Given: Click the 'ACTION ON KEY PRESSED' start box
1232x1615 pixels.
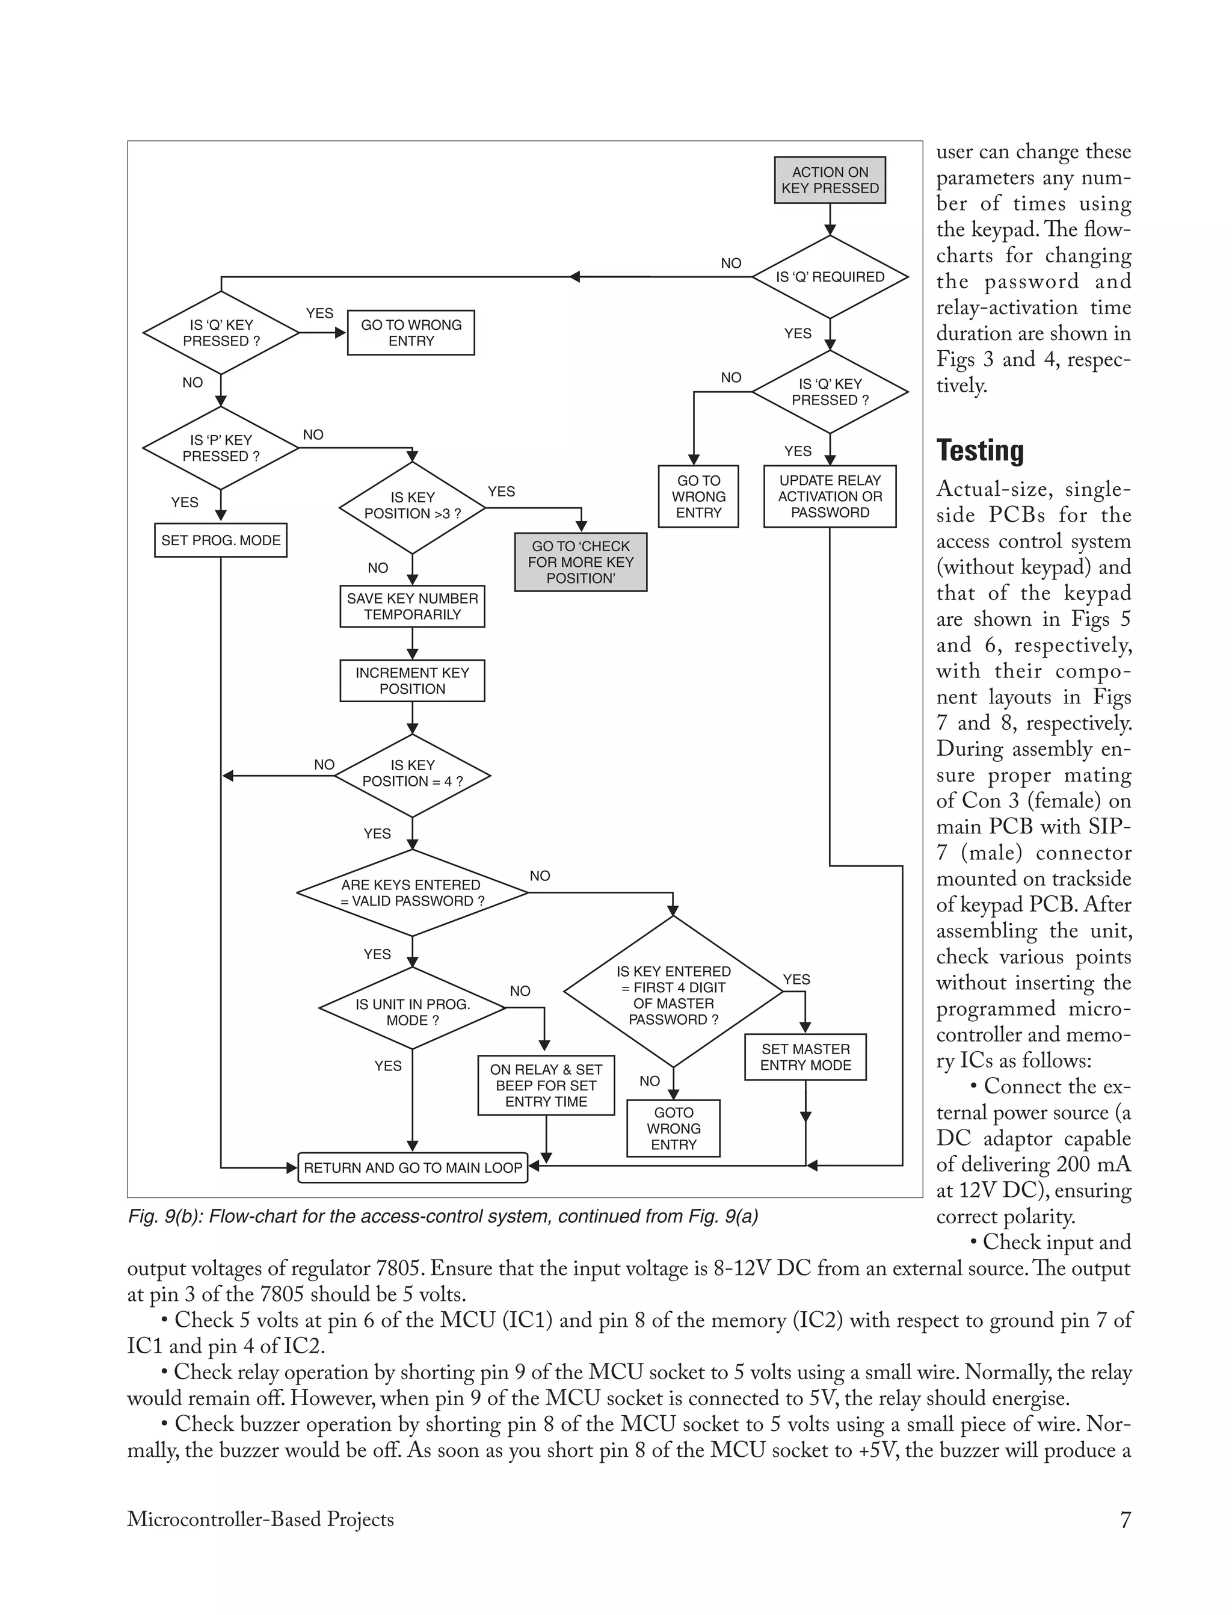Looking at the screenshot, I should [x=830, y=181].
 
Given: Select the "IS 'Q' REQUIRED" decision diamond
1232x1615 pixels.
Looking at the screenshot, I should [x=830, y=277].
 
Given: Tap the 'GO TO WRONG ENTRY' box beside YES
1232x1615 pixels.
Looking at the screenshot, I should [x=411, y=333].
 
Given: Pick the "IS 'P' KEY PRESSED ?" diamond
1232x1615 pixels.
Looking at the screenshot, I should [x=221, y=448].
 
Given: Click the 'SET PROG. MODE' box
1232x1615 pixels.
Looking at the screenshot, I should [x=221, y=540].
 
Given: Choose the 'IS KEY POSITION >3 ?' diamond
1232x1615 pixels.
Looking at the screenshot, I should [x=412, y=506].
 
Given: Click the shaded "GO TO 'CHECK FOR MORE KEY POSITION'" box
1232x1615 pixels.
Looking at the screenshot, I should [x=580, y=562].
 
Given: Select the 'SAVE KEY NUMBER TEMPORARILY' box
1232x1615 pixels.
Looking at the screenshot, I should [x=412, y=607].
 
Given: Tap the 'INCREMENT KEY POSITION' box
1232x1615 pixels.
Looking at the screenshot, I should [x=412, y=681].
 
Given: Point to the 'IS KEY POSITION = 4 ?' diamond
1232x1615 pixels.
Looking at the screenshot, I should [x=412, y=774].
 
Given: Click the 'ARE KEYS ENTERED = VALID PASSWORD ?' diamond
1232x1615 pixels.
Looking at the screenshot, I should [x=412, y=892].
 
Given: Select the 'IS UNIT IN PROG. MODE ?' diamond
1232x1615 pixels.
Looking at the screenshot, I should [x=412, y=1012].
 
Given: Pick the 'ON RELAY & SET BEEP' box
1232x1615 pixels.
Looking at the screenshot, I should [x=546, y=1085].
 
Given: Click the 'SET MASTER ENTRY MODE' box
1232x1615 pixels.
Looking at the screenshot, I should [x=805, y=1057].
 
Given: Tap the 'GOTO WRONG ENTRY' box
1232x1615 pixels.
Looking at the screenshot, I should [x=673, y=1128].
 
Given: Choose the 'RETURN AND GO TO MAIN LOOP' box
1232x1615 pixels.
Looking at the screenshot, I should [x=412, y=1167].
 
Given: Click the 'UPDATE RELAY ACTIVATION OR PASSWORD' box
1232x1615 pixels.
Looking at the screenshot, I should [x=830, y=496].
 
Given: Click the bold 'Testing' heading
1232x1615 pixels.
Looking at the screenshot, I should [x=980, y=450].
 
